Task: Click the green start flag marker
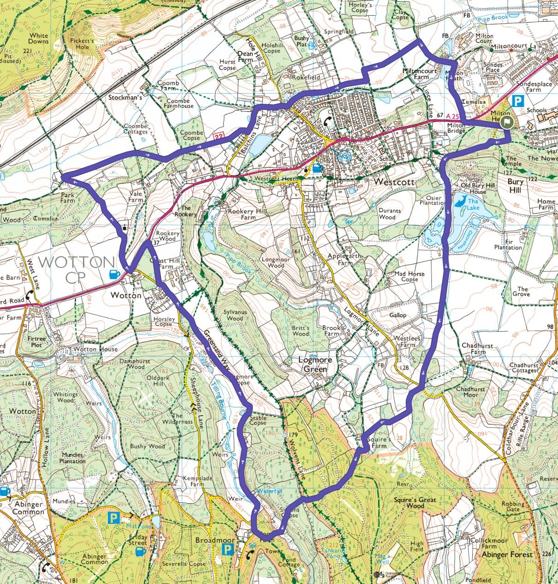click(507, 122)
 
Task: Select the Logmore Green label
click(315, 364)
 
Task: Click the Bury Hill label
click(515, 185)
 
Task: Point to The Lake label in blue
click(474, 204)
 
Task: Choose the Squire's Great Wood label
click(415, 502)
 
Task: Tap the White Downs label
click(38, 38)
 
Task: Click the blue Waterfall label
click(269, 491)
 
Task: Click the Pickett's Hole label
click(83, 44)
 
